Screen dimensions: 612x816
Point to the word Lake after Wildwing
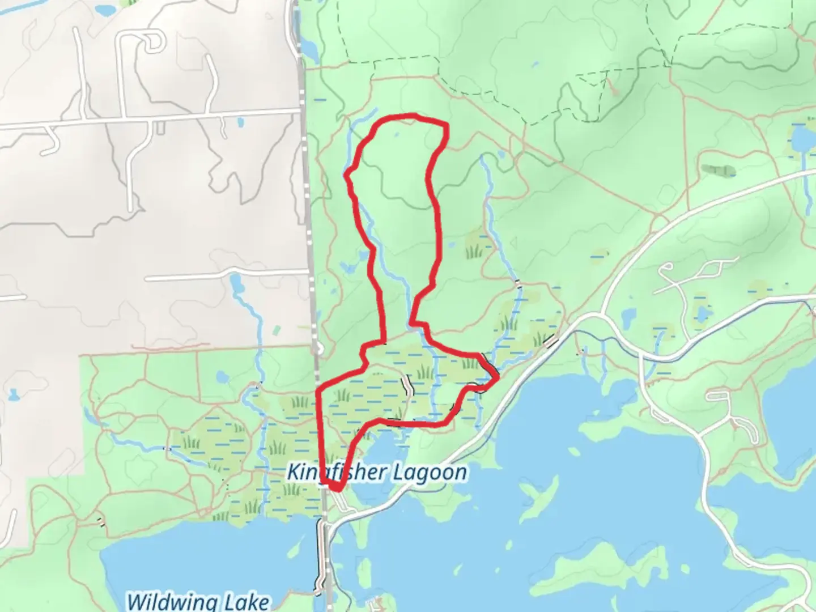tap(244, 601)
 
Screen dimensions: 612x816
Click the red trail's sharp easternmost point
tap(498, 376)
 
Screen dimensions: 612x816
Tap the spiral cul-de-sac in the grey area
tap(151, 42)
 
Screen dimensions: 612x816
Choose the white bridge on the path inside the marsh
tap(408, 385)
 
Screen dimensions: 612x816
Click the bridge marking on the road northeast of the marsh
tap(551, 341)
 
